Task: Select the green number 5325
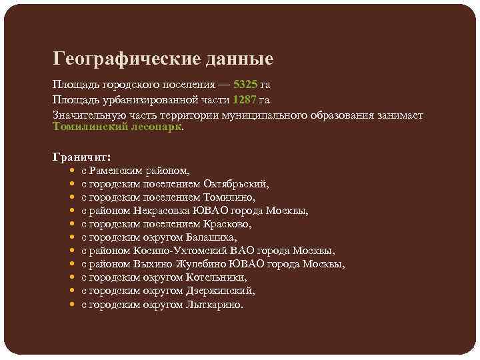[245, 85]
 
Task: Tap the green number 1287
[244, 100]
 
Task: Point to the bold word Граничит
[81, 157]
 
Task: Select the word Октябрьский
[236, 185]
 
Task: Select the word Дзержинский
[219, 291]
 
